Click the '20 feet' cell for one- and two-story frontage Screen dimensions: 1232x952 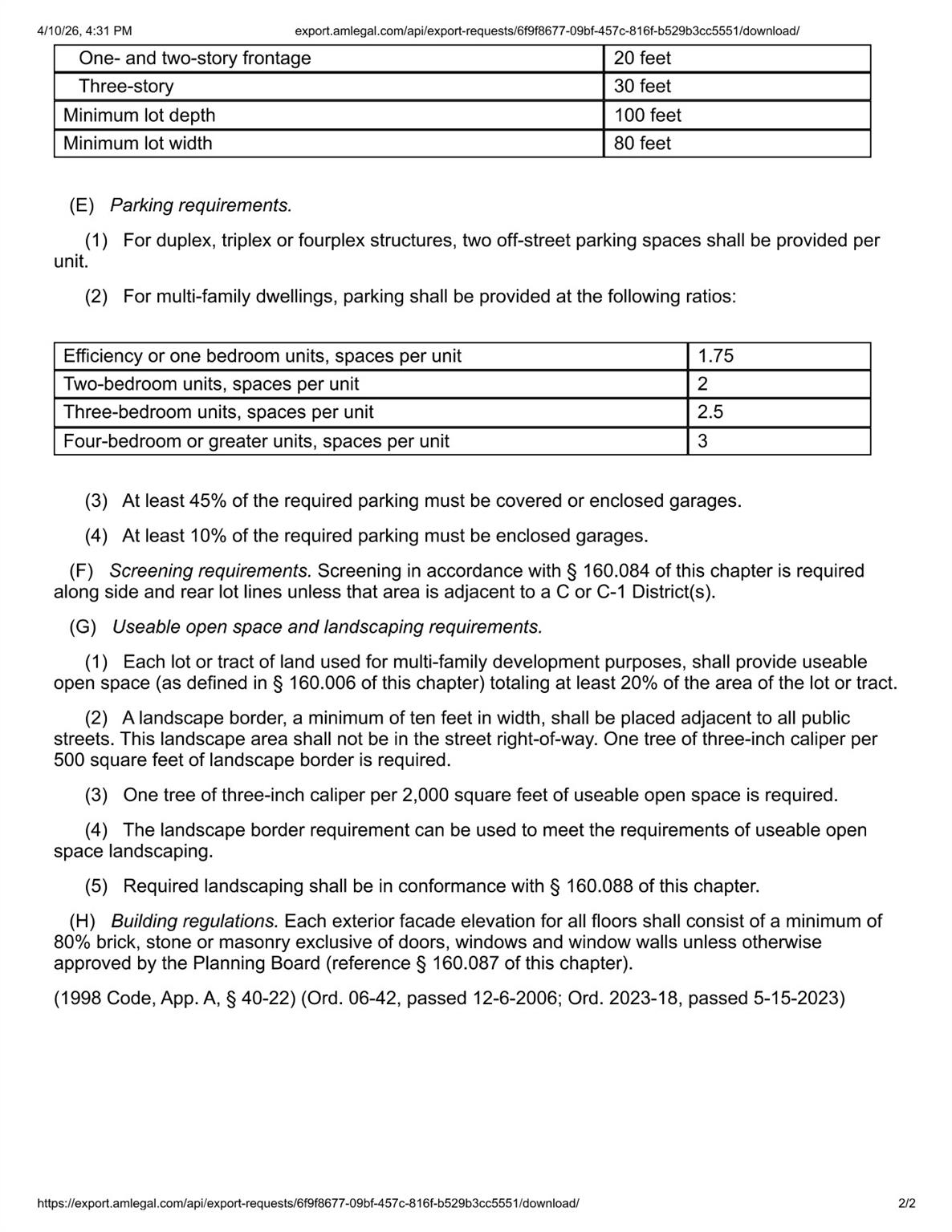click(642, 59)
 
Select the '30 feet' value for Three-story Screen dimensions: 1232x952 click(642, 87)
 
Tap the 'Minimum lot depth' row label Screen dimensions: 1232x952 click(139, 115)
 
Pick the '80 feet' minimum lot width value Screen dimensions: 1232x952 click(642, 144)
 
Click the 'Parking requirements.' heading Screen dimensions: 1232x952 click(201, 205)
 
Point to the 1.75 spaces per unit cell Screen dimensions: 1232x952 click(715, 356)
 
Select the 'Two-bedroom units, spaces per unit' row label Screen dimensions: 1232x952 click(211, 384)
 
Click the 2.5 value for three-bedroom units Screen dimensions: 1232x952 click(710, 412)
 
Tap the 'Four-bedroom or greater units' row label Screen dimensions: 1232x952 click(256, 441)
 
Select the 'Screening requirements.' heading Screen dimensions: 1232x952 click(210, 571)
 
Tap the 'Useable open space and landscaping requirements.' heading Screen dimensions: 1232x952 click(328, 627)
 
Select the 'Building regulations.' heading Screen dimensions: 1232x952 click(194, 922)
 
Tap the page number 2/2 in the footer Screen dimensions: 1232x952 click(907, 1203)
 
